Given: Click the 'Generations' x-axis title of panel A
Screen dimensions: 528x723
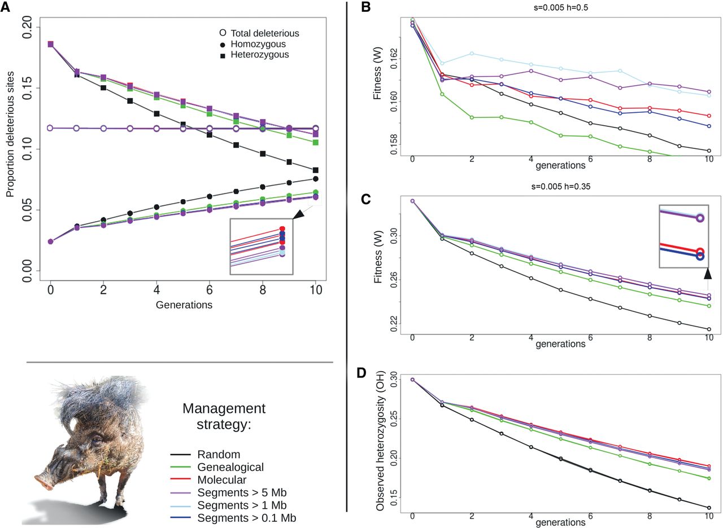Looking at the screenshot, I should tap(184, 305).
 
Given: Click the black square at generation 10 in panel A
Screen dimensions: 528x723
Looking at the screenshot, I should tap(316, 170).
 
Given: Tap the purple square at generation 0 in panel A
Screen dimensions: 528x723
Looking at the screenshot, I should tap(50, 44).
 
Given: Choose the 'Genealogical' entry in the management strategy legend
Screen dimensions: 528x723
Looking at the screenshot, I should tap(230, 467).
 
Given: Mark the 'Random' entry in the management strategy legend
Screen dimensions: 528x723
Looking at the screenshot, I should tap(219, 455).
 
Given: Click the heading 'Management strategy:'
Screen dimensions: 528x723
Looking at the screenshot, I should tap(224, 416).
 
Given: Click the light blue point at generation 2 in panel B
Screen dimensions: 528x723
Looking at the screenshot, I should tap(472, 54).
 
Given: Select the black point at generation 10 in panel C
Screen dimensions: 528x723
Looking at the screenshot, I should tap(709, 329).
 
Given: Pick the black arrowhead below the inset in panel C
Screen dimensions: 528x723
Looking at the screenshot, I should tap(707, 274).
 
